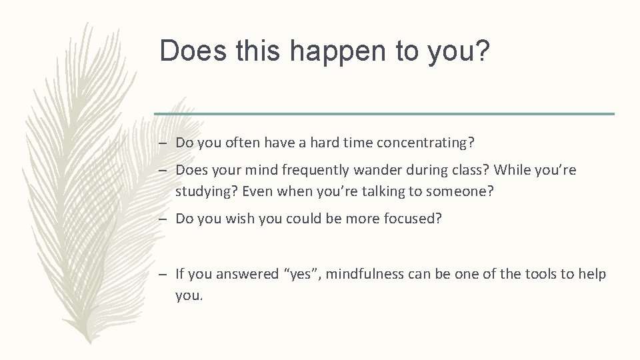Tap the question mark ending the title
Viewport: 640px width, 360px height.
(481, 51)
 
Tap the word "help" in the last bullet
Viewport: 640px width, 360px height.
(593, 273)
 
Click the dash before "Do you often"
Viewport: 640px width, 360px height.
(163, 142)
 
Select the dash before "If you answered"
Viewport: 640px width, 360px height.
(163, 273)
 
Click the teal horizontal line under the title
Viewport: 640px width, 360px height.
(384, 114)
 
